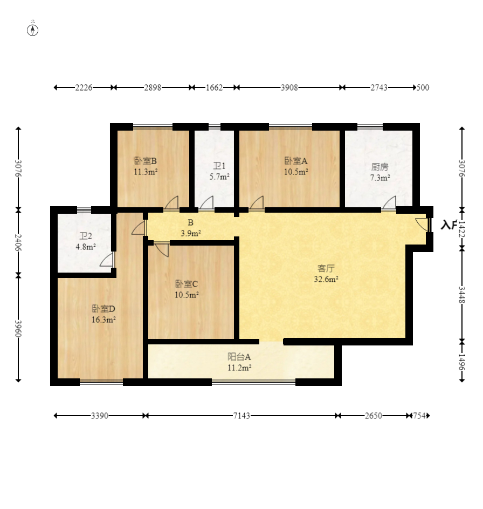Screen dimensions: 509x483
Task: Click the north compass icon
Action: point(33,30)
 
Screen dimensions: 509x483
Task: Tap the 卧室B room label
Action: point(145,161)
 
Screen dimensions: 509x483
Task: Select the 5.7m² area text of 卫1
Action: point(220,177)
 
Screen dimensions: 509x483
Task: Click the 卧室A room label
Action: point(296,161)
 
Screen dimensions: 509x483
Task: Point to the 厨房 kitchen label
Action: point(380,167)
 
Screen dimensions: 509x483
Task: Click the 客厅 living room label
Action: point(326,268)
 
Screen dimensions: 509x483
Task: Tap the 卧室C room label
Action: point(187,284)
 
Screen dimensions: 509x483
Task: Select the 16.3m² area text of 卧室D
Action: point(103,320)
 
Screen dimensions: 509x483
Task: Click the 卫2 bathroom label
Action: point(86,236)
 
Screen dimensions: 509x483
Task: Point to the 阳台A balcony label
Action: point(239,357)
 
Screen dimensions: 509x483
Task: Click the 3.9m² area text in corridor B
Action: point(190,233)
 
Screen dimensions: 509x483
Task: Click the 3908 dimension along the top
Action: point(289,87)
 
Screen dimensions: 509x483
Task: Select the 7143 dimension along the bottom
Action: point(241,416)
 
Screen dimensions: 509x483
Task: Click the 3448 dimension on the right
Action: point(461,294)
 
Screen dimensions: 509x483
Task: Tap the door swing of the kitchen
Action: point(389,203)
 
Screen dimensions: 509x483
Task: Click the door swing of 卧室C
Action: point(162,249)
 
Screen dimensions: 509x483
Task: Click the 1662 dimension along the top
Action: point(214,87)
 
